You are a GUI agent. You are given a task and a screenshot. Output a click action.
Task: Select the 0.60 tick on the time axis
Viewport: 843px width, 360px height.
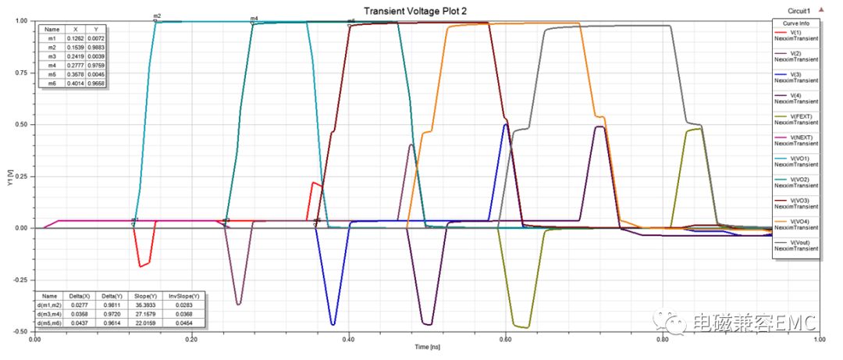(506, 340)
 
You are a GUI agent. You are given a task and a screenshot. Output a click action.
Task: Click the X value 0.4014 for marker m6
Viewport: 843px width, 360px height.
(75, 82)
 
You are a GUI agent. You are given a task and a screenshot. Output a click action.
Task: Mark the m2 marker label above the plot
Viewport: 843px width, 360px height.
(157, 16)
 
